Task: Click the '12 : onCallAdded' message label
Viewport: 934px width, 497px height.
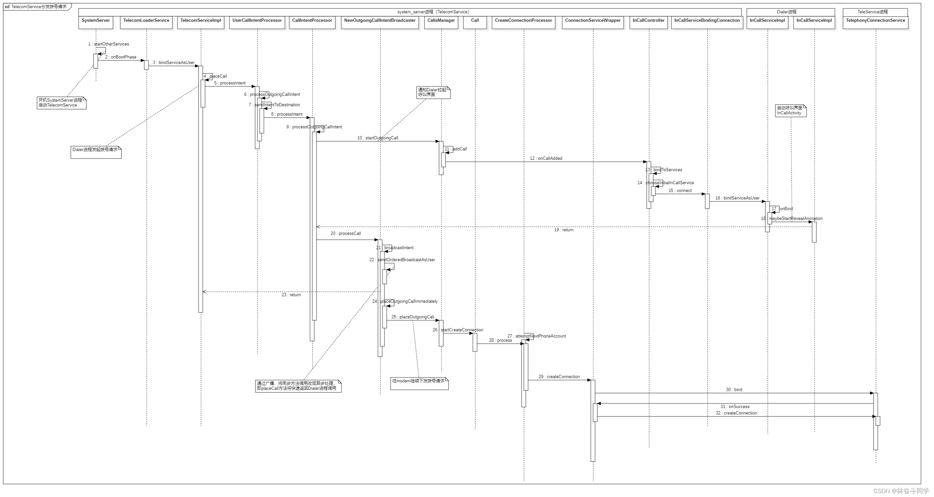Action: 546,159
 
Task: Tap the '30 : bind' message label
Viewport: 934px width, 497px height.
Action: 734,390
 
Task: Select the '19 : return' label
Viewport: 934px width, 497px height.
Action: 564,230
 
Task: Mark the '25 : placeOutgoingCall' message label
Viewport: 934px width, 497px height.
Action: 413,317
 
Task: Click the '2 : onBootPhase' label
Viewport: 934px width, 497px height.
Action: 121,57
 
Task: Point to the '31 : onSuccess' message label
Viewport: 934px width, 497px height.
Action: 734,407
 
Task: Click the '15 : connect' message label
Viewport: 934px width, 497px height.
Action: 680,191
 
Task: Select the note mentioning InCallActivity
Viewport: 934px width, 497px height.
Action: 790,110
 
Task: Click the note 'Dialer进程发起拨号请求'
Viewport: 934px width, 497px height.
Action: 96,152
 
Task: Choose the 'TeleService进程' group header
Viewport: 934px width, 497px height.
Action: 875,12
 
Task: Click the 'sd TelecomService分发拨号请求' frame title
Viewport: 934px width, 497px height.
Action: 36,6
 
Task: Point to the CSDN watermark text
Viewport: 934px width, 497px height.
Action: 901,491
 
